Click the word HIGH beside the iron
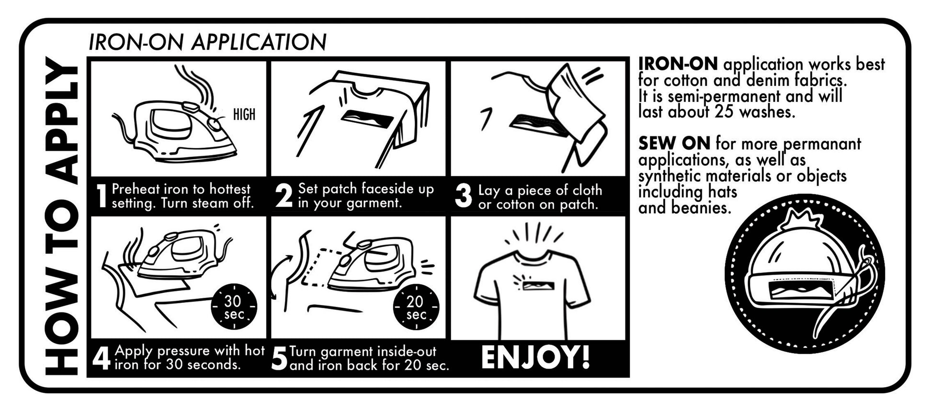pyautogui.click(x=244, y=114)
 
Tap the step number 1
pyautogui.click(x=101, y=196)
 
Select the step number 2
pyautogui.click(x=284, y=196)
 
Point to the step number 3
pyautogui.click(x=463, y=197)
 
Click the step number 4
pyautogui.click(x=101, y=358)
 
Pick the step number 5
pyautogui.click(x=279, y=359)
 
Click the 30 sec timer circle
pyautogui.click(x=234, y=307)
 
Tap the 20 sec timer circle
pyautogui.click(x=416, y=307)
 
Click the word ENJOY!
pyautogui.click(x=535, y=357)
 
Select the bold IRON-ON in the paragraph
pyautogui.click(x=678, y=64)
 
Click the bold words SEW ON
pyautogui.click(x=674, y=143)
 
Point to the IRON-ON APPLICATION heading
pyautogui.click(x=207, y=42)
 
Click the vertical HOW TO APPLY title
pyautogui.click(x=62, y=215)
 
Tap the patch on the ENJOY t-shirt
pyautogui.click(x=538, y=286)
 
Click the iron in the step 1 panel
pyautogui.click(x=177, y=129)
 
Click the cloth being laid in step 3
pyautogui.click(x=575, y=103)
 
